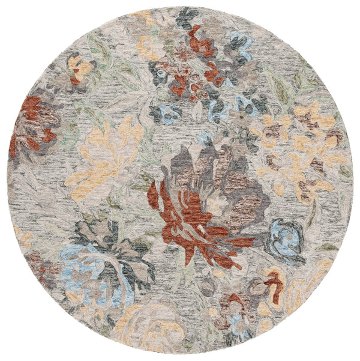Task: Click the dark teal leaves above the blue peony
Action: pos(114,240)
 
